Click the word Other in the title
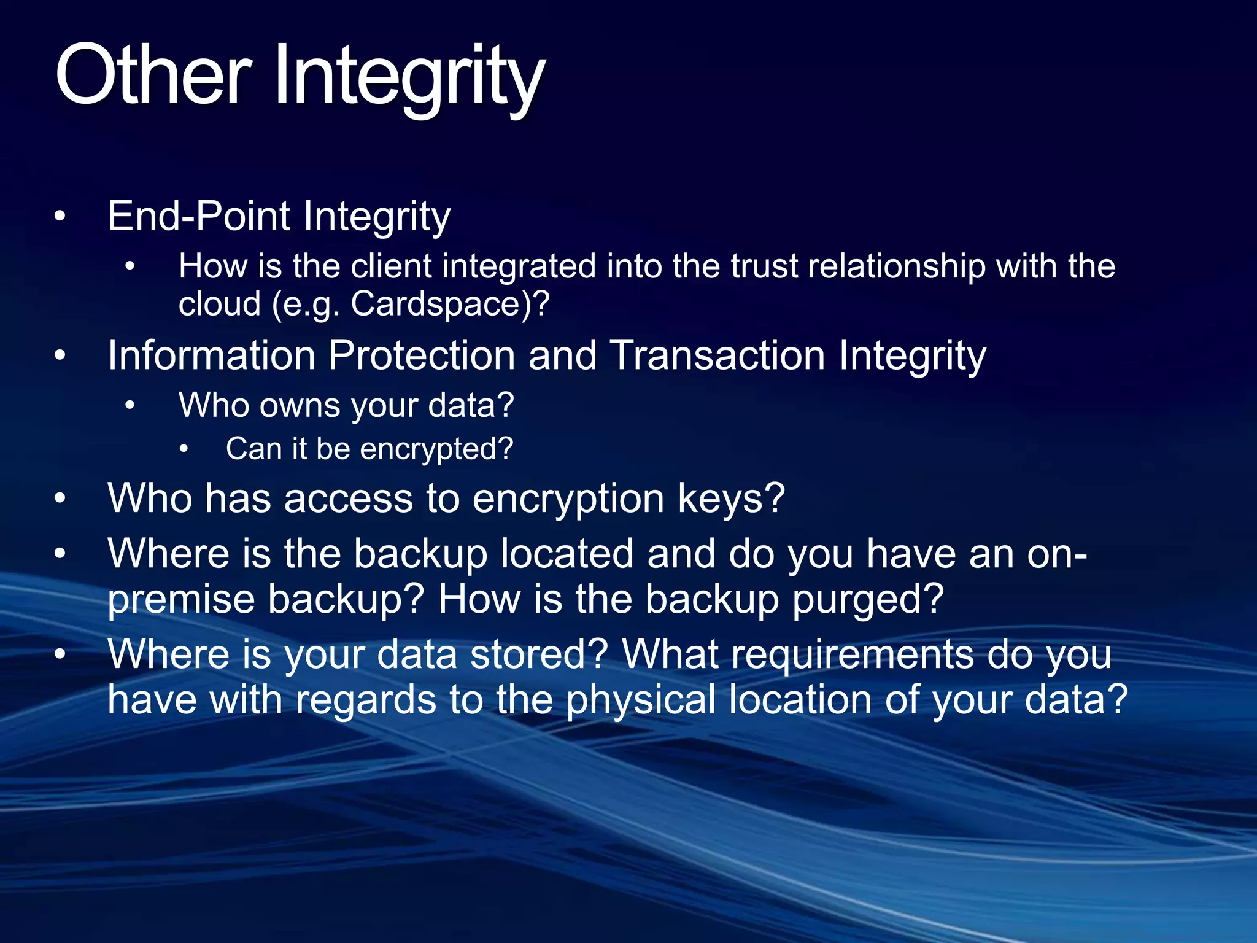click(153, 77)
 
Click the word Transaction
click(717, 355)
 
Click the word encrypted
click(435, 449)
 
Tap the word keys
click(730, 498)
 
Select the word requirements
click(798, 654)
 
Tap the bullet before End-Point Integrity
click(60, 217)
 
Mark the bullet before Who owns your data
click(130, 406)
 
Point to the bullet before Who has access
click(60, 499)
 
